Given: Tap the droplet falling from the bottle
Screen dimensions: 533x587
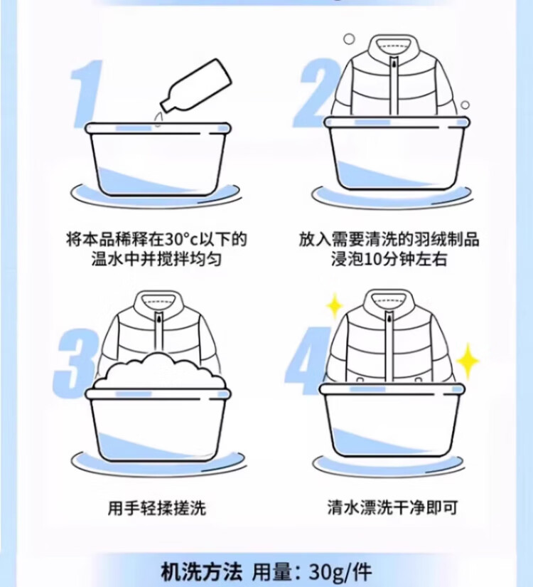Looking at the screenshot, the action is coord(158,118).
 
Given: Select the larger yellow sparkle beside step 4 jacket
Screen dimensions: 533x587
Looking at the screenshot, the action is coord(467,361).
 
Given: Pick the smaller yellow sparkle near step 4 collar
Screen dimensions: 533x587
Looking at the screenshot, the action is coord(335,306).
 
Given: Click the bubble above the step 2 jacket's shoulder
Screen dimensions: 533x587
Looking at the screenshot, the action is coord(349,39).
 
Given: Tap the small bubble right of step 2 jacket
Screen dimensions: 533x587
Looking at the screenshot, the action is coord(465,105).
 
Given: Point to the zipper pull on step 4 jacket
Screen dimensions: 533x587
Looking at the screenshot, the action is coord(389,318).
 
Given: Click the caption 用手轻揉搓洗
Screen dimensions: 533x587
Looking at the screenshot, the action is coord(157,508).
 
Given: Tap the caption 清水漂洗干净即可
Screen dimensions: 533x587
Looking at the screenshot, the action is coord(393,507).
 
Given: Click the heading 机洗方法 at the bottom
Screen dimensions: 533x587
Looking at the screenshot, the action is coord(202,572).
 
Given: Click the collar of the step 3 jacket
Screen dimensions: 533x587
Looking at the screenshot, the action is coord(158,302).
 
